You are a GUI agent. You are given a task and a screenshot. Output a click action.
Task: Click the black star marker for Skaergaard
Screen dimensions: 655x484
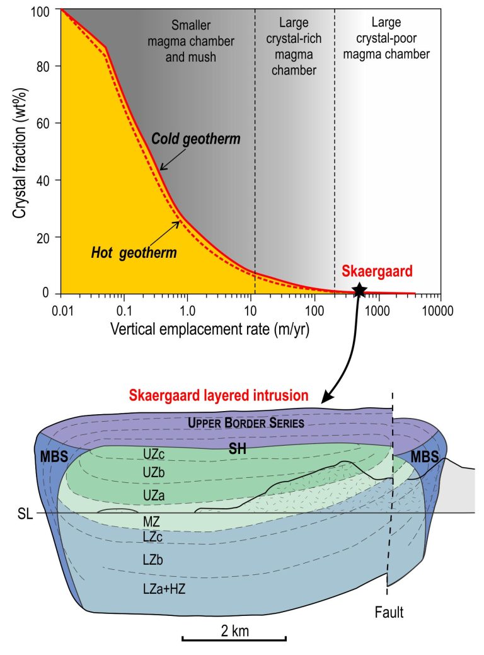[359, 289]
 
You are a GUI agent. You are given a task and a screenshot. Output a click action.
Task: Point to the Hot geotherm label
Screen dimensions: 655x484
[133, 253]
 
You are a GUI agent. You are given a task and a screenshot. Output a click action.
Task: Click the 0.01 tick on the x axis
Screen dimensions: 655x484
[60, 311]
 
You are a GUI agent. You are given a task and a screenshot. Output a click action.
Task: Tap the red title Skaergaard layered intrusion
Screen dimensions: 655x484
[219, 396]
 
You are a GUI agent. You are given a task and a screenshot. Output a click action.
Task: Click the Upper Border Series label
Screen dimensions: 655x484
[246, 423]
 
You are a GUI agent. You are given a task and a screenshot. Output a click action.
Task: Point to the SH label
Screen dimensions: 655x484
[236, 449]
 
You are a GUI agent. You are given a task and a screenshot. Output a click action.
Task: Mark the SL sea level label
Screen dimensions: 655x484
[23, 514]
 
